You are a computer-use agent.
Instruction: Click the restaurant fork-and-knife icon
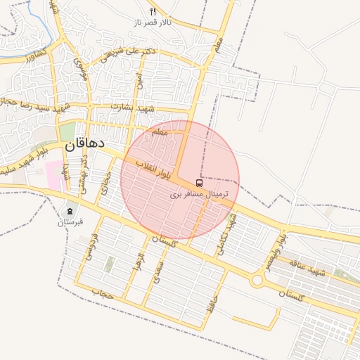click(153, 11)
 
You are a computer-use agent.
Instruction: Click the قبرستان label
click(70, 222)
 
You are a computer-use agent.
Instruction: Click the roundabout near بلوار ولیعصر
click(257, 281)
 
